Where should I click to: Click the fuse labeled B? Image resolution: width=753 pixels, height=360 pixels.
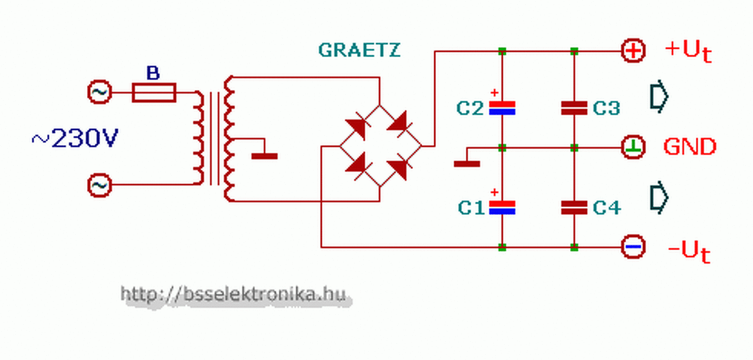[x=154, y=92]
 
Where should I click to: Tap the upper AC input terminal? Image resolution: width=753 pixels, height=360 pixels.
[x=99, y=92]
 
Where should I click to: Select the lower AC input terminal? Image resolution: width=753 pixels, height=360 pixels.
[x=99, y=185]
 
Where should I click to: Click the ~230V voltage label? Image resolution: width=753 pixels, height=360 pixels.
[x=75, y=139]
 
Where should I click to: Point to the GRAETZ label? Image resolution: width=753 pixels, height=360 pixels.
[x=359, y=50]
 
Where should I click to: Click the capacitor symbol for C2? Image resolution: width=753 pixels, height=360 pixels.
[x=502, y=108]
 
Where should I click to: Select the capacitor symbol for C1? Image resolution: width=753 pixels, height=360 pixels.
[x=502, y=206]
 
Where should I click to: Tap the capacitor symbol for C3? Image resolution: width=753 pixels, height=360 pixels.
[x=574, y=108]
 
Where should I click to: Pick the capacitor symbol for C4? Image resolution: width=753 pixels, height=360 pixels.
[x=574, y=206]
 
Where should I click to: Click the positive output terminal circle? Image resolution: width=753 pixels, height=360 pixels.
[x=633, y=51]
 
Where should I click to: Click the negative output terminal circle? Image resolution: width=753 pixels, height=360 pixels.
[x=633, y=247]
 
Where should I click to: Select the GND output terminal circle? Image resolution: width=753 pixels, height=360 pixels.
[x=633, y=147]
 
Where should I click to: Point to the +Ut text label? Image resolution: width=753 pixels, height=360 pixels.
[x=688, y=51]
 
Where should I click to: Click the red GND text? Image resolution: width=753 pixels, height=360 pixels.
[x=690, y=146]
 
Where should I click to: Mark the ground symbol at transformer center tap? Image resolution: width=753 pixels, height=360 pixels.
[x=264, y=156]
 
